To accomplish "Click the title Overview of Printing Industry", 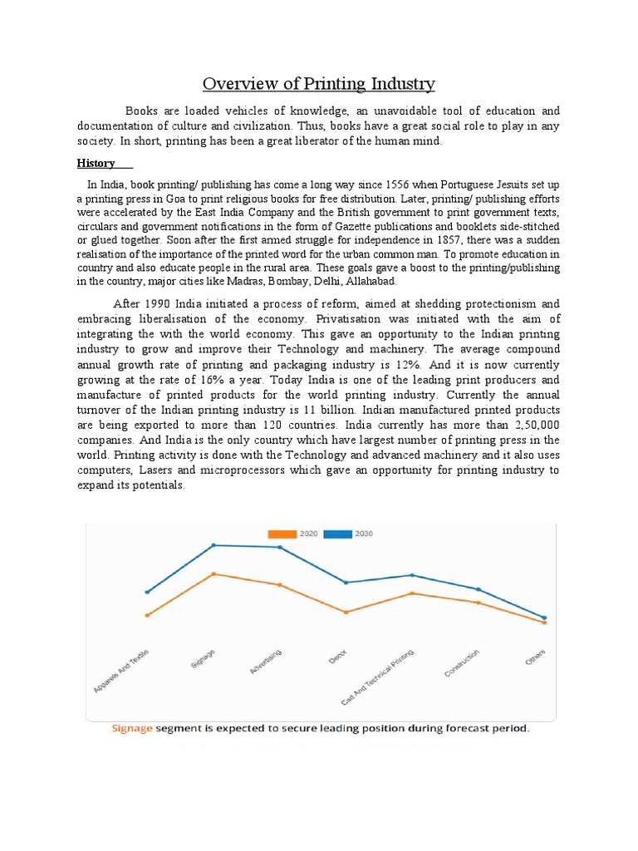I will pyautogui.click(x=319, y=85).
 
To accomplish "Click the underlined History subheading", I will pyautogui.click(x=96, y=163).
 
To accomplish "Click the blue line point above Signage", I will pyautogui.click(x=213, y=545).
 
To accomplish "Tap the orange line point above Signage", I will pyautogui.click(x=213, y=573).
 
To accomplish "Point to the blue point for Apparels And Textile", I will pyautogui.click(x=147, y=592).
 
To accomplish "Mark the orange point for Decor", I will pyautogui.click(x=346, y=612).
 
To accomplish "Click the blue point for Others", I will pyautogui.click(x=544, y=617).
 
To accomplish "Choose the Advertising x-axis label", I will pyautogui.click(x=266, y=663).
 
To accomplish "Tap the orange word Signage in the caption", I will pyautogui.click(x=133, y=729).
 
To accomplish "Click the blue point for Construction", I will pyautogui.click(x=478, y=589).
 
